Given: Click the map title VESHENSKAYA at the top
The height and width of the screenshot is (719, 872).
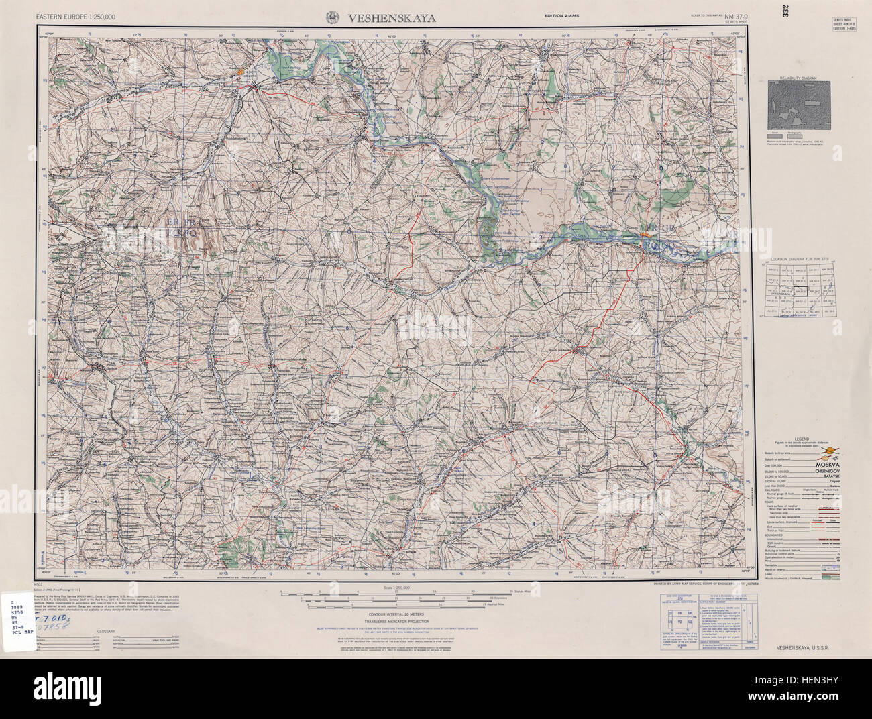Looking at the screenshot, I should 391,19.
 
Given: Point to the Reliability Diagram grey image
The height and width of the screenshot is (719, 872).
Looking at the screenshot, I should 799,105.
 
